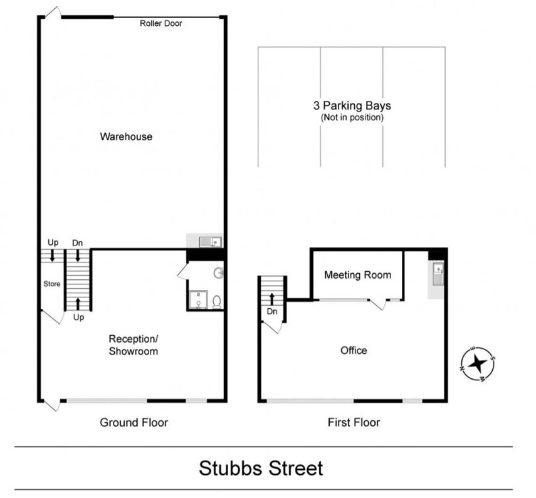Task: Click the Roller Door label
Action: (160, 23)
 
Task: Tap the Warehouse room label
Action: (126, 137)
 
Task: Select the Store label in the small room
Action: (51, 284)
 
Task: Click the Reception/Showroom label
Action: (134, 345)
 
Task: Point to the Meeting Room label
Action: (357, 275)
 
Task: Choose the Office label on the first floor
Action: (354, 350)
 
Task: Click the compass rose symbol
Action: (477, 363)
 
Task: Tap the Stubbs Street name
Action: (261, 469)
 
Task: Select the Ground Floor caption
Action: (134, 422)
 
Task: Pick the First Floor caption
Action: (354, 422)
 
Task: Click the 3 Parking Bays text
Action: (352, 105)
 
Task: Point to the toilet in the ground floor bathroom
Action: (217, 302)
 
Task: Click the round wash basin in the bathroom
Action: (218, 273)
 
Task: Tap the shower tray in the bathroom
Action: (199, 299)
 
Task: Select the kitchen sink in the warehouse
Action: (211, 242)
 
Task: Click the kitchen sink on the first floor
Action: (438, 274)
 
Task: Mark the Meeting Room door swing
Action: (378, 304)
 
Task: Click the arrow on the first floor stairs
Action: (271, 299)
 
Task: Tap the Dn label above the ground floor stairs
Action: (78, 243)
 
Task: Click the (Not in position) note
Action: (352, 118)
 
